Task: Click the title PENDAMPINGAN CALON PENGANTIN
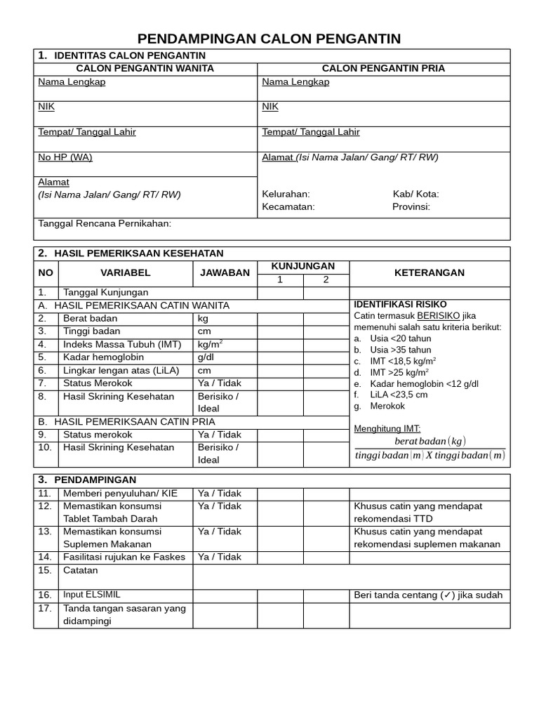click(269, 39)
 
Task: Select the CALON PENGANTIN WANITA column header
click(145, 69)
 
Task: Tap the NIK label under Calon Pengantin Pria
click(270, 107)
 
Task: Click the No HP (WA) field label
click(65, 157)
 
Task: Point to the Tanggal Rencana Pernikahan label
click(105, 224)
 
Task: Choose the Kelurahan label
click(286, 194)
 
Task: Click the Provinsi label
click(411, 207)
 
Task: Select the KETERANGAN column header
click(429, 273)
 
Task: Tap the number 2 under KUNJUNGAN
click(326, 280)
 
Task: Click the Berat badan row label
click(91, 319)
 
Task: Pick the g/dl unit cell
click(206, 357)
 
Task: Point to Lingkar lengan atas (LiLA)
click(121, 370)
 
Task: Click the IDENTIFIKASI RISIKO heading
click(400, 305)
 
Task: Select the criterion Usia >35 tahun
click(401, 350)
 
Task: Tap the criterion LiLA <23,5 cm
click(399, 395)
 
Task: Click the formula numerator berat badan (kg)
click(430, 441)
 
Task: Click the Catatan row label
click(81, 571)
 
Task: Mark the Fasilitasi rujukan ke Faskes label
click(124, 558)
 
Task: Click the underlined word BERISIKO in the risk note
click(439, 316)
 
